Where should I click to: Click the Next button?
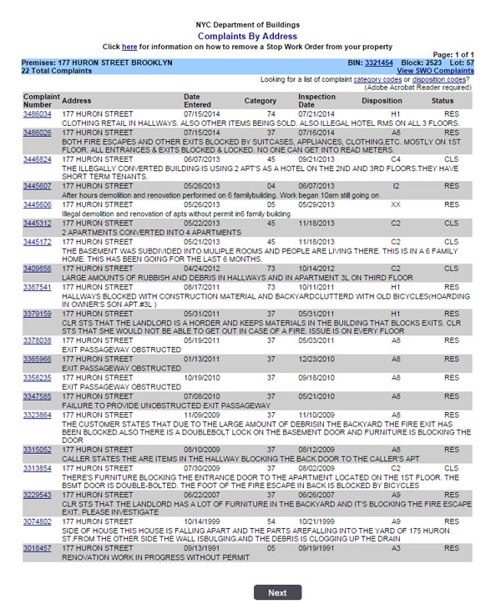(277, 592)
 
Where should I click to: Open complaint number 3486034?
(37, 113)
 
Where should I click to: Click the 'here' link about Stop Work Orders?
(129, 47)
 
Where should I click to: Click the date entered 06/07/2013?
(200, 159)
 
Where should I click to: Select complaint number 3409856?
(37, 269)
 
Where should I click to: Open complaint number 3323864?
(37, 415)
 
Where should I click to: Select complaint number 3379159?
(37, 314)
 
